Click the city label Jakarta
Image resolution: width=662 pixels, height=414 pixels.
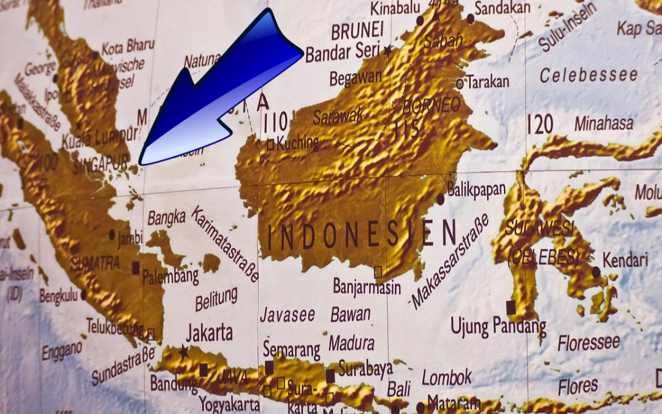tap(209, 333)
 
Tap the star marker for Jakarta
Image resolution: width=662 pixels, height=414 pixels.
tap(183, 351)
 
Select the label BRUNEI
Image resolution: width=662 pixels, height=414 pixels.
tap(357, 30)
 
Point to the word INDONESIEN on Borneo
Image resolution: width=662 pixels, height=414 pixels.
tap(362, 236)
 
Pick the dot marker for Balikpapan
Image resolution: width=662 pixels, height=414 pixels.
tap(440, 199)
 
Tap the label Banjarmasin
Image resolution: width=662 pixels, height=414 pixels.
tap(367, 286)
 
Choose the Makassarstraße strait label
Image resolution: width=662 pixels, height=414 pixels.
tap(451, 261)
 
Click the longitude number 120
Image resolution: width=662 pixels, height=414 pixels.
tap(539, 125)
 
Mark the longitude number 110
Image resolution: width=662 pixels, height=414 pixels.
tap(275, 123)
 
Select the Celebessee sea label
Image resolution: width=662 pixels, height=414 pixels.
tap(588, 75)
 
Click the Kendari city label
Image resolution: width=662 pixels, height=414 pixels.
tap(625, 259)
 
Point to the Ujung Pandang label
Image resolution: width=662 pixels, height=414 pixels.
tap(498, 326)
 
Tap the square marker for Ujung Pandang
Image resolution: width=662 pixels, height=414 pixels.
tap(511, 307)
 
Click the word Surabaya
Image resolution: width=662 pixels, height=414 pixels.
tap(365, 369)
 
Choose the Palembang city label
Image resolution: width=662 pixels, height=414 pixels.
tap(170, 276)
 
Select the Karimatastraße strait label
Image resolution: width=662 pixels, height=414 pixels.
tap(225, 244)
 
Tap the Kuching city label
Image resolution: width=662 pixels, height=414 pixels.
tap(298, 144)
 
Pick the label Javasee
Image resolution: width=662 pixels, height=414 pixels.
tap(287, 315)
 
